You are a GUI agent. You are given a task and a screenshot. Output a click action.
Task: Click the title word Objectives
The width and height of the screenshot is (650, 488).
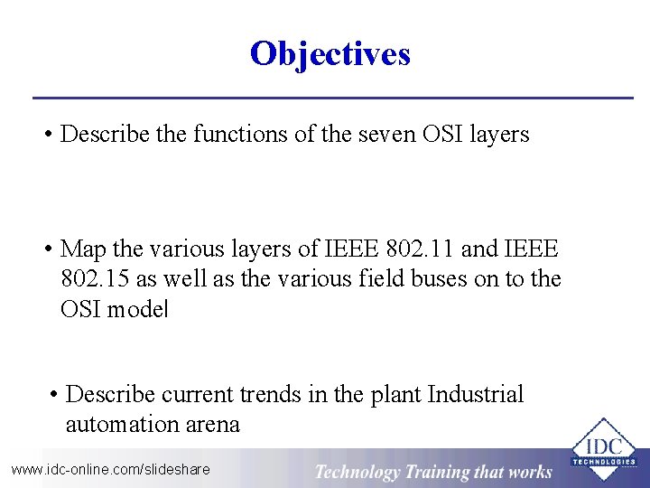pyautogui.click(x=330, y=54)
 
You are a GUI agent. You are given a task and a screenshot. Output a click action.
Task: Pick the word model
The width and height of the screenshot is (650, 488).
pyautogui.click(x=137, y=308)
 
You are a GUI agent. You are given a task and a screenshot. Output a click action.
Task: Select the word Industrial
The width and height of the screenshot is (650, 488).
pyautogui.click(x=476, y=395)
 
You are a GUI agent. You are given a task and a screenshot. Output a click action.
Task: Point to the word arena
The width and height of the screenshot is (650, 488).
pyautogui.click(x=211, y=424)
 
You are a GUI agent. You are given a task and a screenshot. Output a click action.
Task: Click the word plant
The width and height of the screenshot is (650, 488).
pyautogui.click(x=395, y=395)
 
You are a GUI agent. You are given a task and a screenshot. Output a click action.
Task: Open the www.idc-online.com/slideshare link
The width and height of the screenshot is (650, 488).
pyautogui.click(x=110, y=469)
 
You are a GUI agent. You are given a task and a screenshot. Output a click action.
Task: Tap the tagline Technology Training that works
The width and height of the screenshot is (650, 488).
pyautogui.click(x=433, y=471)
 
